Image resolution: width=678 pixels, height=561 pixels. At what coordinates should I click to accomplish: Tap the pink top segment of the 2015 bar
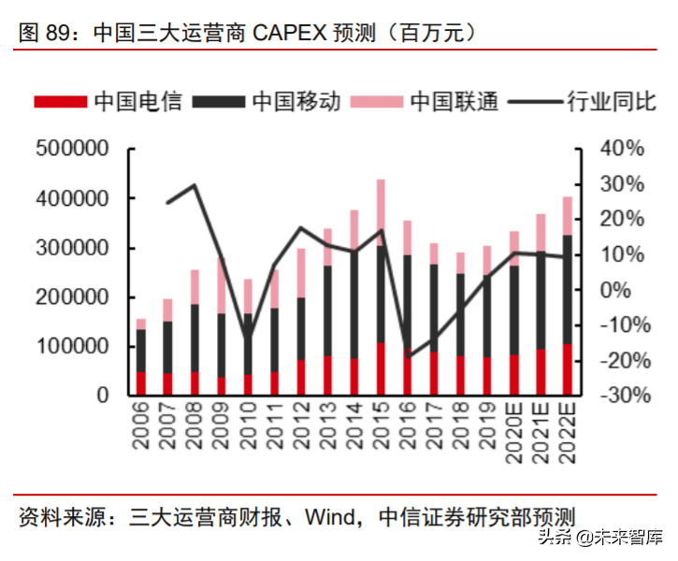381,212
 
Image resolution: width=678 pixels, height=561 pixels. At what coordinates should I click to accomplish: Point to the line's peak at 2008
195,185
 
